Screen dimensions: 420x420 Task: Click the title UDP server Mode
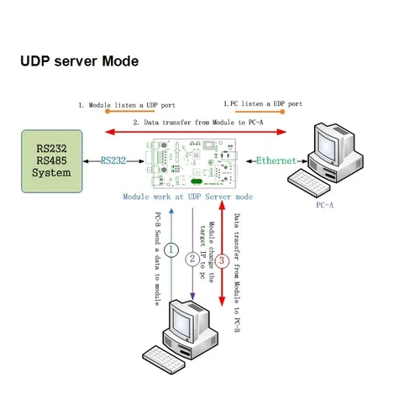click(79, 62)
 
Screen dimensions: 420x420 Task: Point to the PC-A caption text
click(325, 204)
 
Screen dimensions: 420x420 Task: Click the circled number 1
click(171, 249)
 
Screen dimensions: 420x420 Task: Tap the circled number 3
click(222, 260)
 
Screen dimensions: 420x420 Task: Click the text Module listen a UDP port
click(128, 106)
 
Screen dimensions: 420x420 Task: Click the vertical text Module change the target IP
click(207, 249)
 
